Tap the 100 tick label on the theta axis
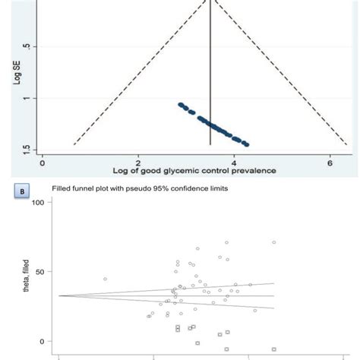(x=38, y=203)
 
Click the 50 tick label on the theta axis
(x=40, y=272)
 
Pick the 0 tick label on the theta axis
(x=43, y=341)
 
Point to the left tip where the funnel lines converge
(x=59, y=295)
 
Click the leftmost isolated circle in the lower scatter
(x=105, y=279)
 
